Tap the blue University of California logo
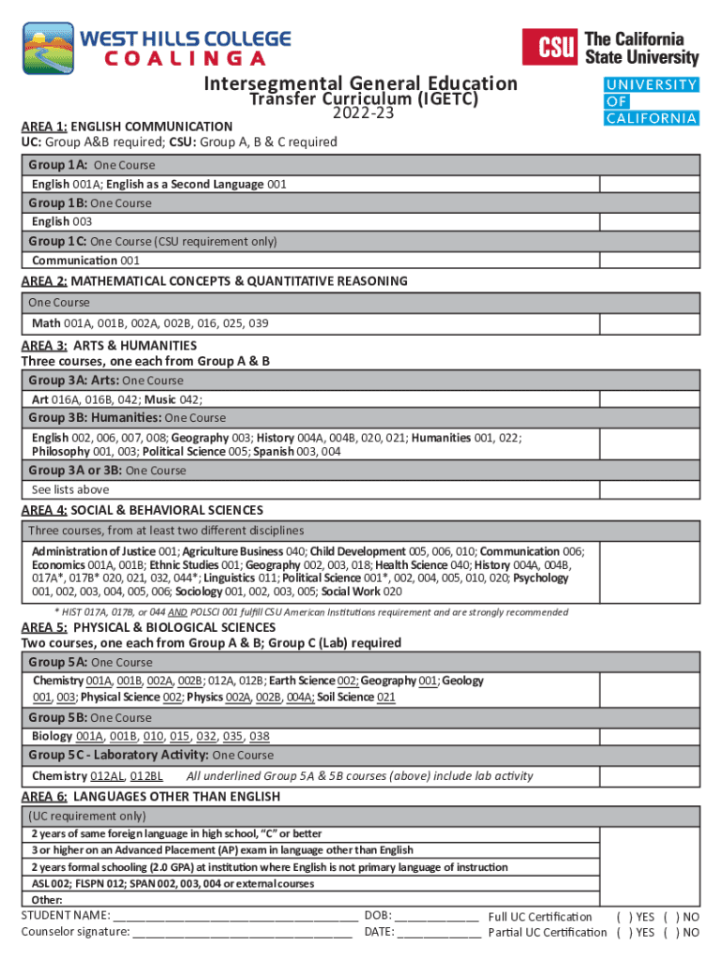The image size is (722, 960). [651, 101]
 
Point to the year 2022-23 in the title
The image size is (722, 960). [361, 113]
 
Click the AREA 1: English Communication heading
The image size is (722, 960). [127, 127]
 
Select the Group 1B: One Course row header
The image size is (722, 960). [90, 202]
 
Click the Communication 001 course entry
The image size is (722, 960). [85, 261]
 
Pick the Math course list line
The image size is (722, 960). [150, 323]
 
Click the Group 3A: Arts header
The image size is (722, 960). [106, 381]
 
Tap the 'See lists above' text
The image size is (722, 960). [70, 489]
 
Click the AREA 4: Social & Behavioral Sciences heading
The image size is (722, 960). [142, 511]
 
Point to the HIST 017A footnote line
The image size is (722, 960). [298, 612]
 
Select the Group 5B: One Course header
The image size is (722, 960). [90, 718]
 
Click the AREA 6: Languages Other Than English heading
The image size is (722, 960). [150, 797]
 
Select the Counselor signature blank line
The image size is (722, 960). [243, 933]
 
